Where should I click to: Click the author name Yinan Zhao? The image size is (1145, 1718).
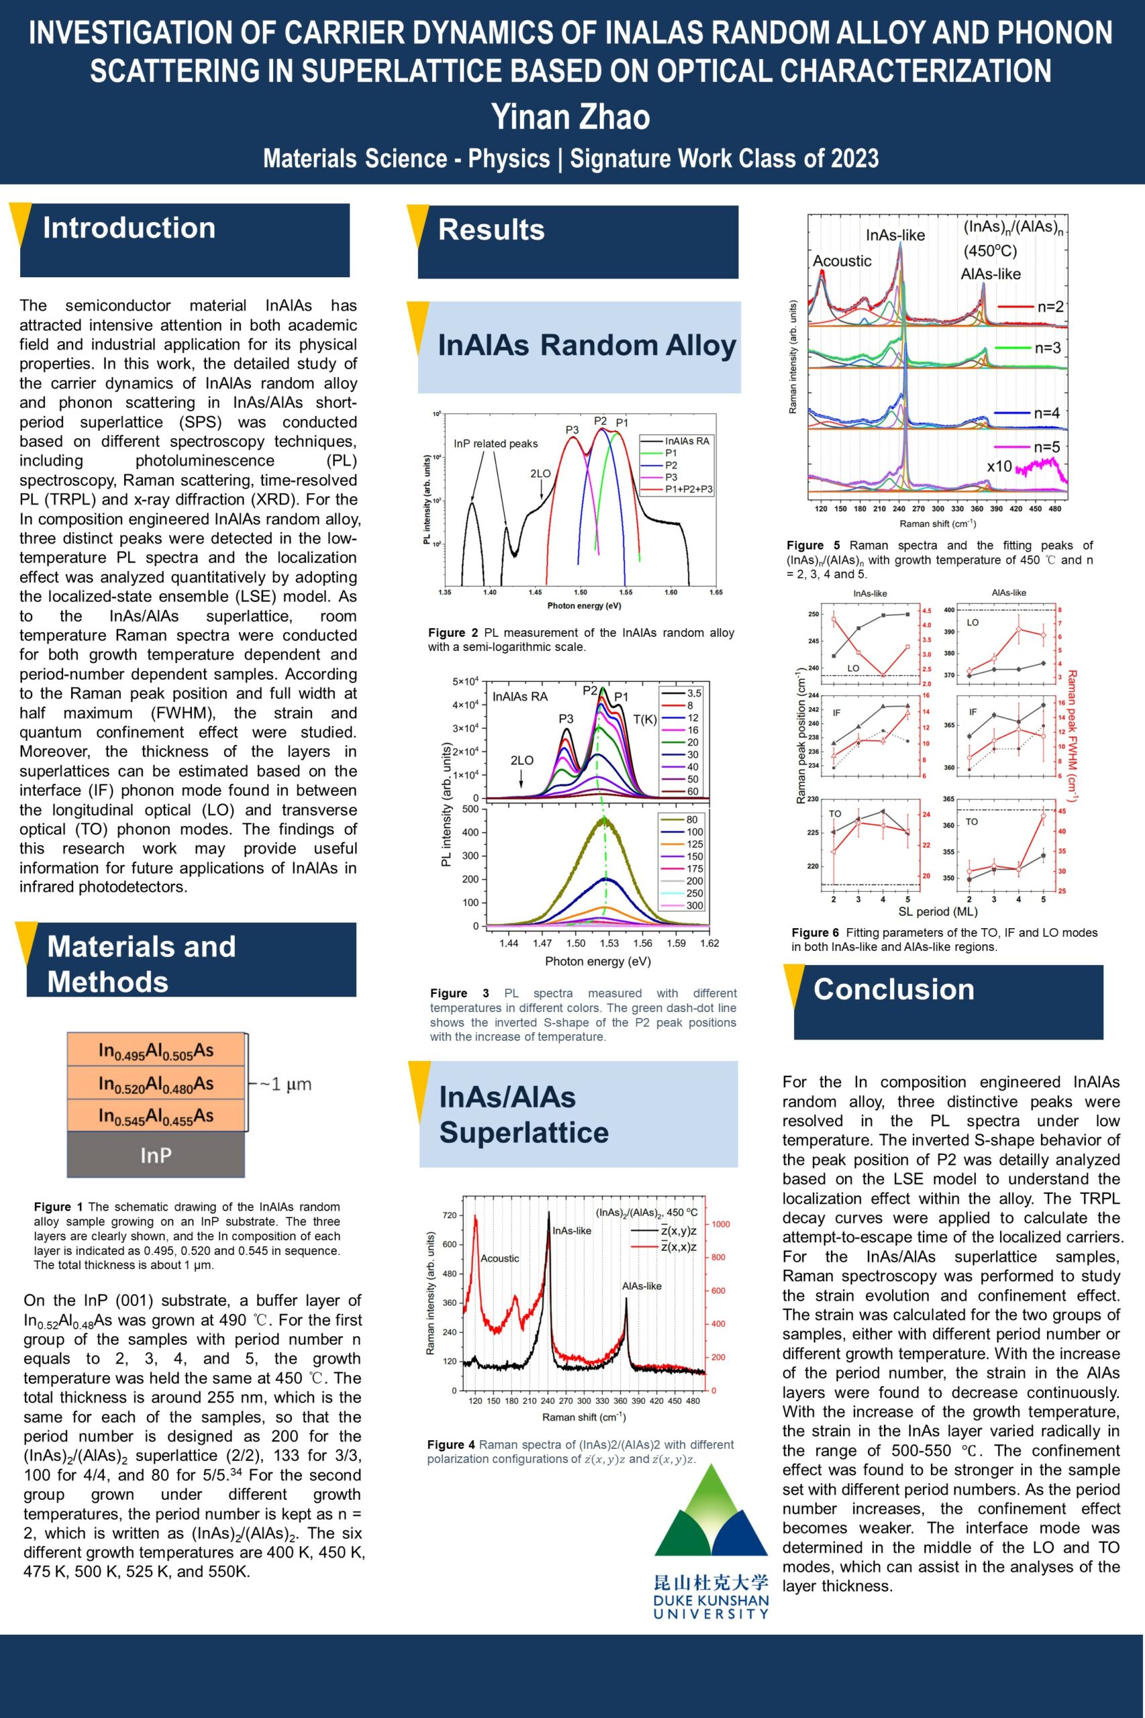(x=570, y=117)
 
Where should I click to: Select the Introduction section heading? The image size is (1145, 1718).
(x=129, y=228)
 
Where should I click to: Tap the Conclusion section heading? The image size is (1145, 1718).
(x=894, y=989)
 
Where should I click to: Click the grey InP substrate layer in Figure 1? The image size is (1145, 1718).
(x=156, y=1155)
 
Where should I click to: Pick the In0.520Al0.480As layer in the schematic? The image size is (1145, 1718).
(x=156, y=1083)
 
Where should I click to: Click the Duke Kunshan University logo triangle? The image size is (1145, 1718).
(x=710, y=1513)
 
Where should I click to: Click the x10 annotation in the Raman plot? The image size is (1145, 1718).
(x=999, y=466)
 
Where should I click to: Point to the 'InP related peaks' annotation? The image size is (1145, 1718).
(x=495, y=444)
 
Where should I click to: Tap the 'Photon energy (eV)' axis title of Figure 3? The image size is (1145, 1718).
(x=598, y=961)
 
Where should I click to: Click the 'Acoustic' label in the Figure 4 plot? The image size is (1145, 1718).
(x=500, y=1258)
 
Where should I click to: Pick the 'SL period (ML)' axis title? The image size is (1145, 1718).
(x=938, y=911)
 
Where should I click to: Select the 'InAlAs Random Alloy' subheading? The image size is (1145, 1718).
(x=586, y=346)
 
